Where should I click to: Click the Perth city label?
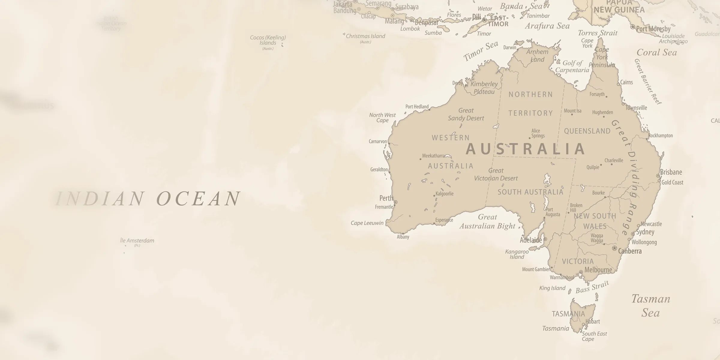(386, 198)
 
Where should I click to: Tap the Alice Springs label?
(538, 133)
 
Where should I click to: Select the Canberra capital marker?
(614, 248)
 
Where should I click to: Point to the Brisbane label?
(671, 172)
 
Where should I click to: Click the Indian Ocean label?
(148, 199)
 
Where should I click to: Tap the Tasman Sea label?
(651, 306)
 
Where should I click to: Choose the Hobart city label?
(592, 322)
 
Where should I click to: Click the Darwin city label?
(510, 47)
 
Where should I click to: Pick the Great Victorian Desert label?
(496, 174)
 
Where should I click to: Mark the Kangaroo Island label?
(517, 254)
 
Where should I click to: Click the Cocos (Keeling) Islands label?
(268, 40)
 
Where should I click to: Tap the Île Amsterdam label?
(137, 241)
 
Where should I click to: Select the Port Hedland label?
(417, 106)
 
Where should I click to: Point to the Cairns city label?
(626, 82)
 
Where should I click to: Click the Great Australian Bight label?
(487, 221)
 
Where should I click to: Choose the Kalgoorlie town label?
(444, 193)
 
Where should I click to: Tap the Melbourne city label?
(598, 270)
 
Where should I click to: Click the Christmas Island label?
(365, 36)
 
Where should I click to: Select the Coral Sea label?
(657, 52)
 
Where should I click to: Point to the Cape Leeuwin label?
(367, 223)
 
